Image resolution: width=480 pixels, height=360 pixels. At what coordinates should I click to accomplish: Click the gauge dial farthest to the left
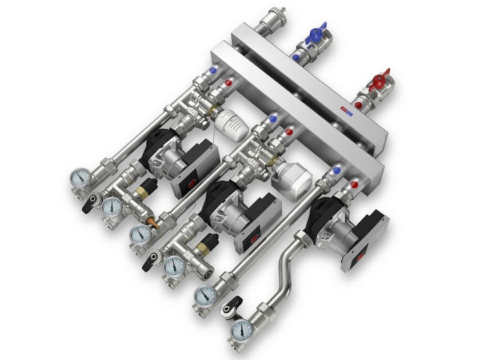pos(81,177)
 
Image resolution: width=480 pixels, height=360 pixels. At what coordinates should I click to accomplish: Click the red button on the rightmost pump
pos(361,258)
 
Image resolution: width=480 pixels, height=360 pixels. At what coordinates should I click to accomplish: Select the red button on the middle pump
pos(251,233)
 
